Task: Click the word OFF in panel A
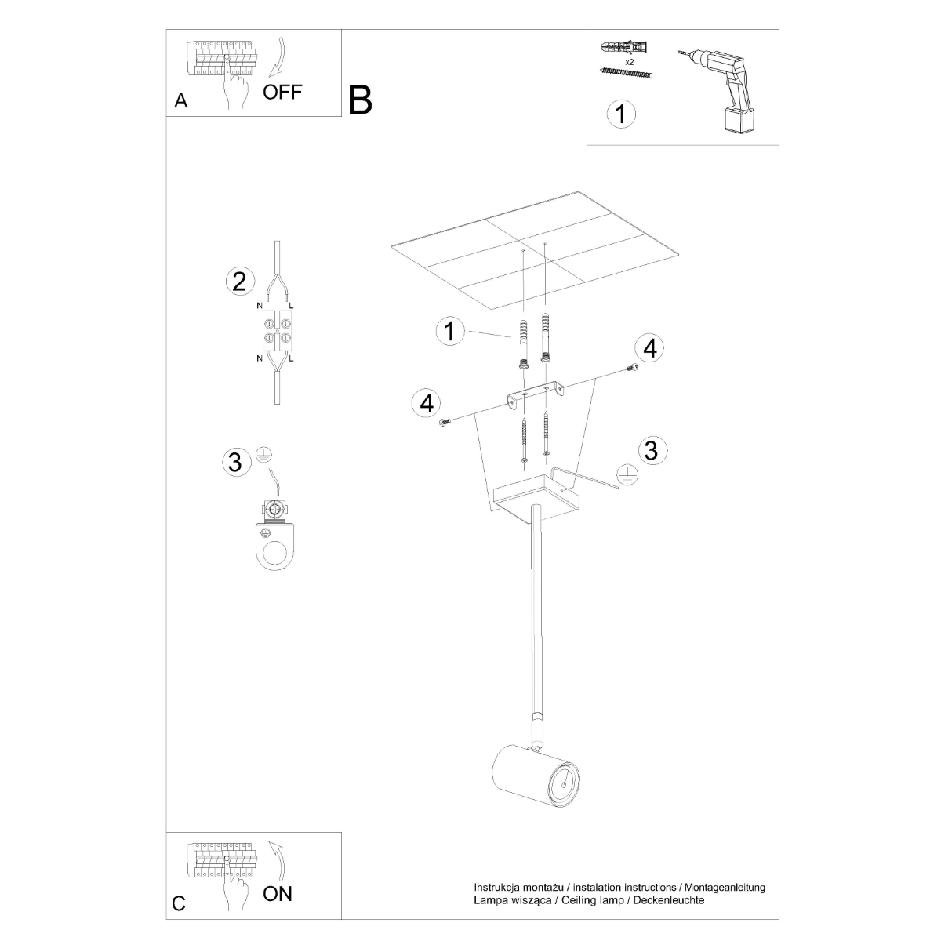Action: pyautogui.click(x=282, y=92)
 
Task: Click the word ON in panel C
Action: pyautogui.click(x=278, y=893)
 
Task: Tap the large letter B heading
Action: pyautogui.click(x=360, y=100)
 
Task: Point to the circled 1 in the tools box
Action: pyautogui.click(x=621, y=114)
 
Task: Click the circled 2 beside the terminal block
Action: pyautogui.click(x=240, y=282)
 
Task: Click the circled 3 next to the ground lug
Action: pyautogui.click(x=234, y=463)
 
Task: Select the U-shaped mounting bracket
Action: pyautogui.click(x=536, y=394)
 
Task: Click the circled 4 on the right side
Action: pyautogui.click(x=649, y=347)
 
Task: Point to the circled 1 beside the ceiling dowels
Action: pyautogui.click(x=449, y=331)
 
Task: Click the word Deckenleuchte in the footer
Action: pyautogui.click(x=667, y=900)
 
